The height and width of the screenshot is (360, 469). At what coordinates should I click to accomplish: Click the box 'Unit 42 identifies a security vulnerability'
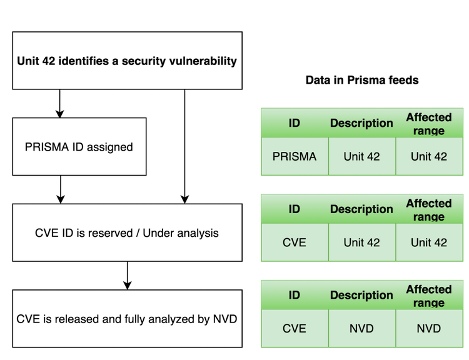(127, 61)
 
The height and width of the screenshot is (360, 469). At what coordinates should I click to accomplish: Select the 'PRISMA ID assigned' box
(79, 147)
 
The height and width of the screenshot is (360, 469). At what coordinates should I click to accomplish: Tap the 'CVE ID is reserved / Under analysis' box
(127, 232)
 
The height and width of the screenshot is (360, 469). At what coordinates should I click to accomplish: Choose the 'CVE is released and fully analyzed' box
(127, 319)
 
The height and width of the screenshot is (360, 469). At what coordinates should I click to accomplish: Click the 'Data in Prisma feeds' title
(361, 80)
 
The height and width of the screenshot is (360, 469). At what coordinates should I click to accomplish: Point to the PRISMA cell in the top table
(295, 156)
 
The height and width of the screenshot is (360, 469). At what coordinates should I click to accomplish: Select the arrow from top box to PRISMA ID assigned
(60, 104)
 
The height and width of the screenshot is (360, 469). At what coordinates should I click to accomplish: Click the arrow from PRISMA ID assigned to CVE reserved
(61, 189)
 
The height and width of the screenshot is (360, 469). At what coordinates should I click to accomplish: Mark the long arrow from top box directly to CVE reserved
(184, 147)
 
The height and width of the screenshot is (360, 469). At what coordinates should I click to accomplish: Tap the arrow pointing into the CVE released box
(128, 276)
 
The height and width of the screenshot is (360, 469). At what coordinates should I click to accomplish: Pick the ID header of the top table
(295, 123)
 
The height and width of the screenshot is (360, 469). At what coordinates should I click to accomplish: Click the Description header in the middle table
(361, 209)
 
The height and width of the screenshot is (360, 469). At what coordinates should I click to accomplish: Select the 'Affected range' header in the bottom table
(428, 296)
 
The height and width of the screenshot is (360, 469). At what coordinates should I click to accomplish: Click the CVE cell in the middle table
(295, 242)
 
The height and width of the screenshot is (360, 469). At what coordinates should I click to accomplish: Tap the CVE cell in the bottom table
(295, 328)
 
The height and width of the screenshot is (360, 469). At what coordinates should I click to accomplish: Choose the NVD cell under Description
(361, 328)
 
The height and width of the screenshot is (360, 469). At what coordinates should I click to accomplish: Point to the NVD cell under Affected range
(428, 328)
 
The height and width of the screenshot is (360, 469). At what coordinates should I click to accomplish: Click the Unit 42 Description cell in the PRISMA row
(361, 156)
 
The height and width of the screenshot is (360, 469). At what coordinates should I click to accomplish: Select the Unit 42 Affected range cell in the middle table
(428, 242)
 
